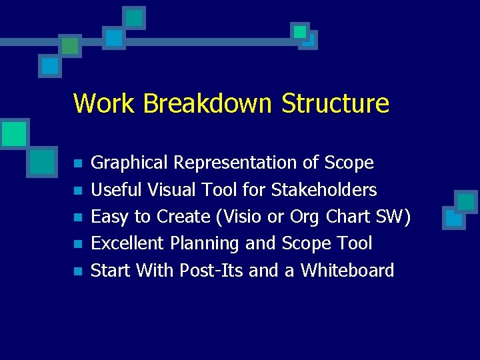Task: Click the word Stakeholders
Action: (x=324, y=190)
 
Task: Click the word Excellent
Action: (x=128, y=243)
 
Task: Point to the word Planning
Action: (x=205, y=244)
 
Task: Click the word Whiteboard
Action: (x=347, y=270)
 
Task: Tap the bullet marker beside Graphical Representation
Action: (x=77, y=164)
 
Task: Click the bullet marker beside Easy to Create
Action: (x=77, y=217)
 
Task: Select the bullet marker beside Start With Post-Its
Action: (x=77, y=271)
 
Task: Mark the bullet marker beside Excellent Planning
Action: (x=77, y=244)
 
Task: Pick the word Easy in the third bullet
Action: (x=109, y=217)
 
